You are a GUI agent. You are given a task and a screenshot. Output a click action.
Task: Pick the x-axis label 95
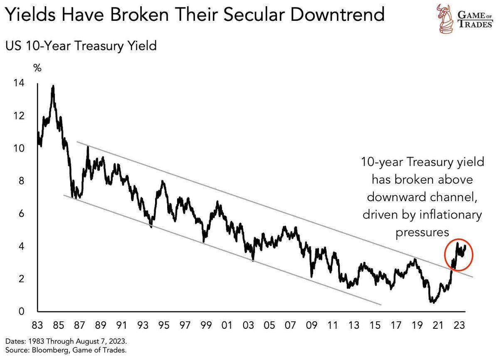pos(164,324)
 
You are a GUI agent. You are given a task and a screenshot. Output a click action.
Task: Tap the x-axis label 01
pos(227,324)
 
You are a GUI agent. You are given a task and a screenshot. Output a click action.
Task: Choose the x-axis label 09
pos(311,324)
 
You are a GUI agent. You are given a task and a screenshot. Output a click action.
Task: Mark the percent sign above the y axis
pos(37,68)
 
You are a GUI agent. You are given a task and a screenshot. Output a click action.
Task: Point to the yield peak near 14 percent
pos(53,86)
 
